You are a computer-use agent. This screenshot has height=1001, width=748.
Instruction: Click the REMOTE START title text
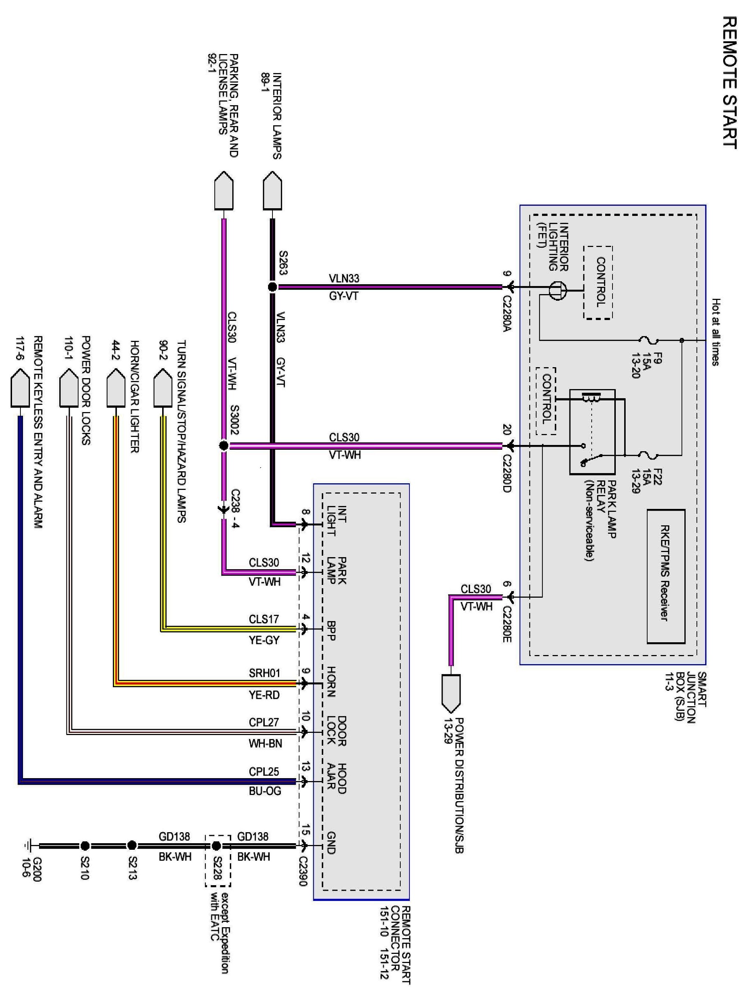point(729,83)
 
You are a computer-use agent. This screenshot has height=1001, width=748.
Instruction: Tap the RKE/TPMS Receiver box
point(666,576)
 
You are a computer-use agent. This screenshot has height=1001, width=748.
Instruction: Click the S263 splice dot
point(272,286)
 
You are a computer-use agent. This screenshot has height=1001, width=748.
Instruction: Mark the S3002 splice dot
point(224,446)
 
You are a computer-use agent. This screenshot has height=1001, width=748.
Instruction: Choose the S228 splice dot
point(216,845)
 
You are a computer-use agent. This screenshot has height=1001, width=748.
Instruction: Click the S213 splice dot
point(132,845)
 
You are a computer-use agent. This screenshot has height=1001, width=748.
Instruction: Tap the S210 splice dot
point(85,845)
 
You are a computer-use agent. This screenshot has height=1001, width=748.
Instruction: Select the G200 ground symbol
point(28,845)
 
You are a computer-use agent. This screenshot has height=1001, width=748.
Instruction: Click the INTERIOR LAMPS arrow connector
point(272,190)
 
